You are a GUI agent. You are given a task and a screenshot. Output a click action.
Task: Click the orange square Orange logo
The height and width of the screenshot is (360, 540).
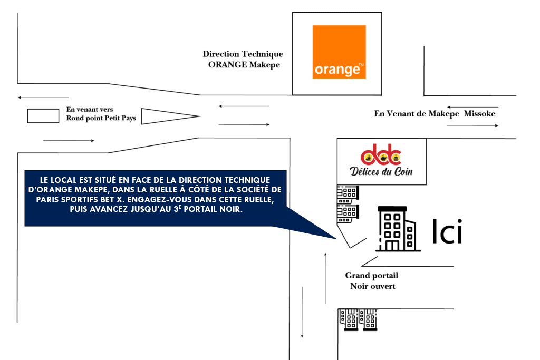tap(339, 52)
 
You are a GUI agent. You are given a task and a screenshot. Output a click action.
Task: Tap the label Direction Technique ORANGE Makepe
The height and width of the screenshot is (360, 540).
tap(243, 59)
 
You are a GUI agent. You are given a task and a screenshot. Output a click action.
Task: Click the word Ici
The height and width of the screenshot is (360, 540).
tap(447, 231)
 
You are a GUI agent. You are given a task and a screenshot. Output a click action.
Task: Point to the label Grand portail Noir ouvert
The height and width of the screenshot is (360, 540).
tap(372, 280)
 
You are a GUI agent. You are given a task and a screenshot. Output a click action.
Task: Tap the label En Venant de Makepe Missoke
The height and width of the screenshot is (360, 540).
tap(435, 113)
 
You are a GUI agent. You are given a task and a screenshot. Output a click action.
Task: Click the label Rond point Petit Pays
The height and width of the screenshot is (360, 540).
tap(101, 118)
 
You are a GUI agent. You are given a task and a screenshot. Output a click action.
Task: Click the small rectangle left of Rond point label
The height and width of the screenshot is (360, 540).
tap(43, 116)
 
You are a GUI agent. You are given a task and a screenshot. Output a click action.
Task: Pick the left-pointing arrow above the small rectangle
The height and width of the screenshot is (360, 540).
tap(43, 98)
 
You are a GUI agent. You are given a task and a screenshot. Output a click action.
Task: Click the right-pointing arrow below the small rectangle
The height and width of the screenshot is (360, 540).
tap(69, 141)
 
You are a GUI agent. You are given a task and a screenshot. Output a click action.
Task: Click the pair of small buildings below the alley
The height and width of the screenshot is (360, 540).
tap(359, 319)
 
